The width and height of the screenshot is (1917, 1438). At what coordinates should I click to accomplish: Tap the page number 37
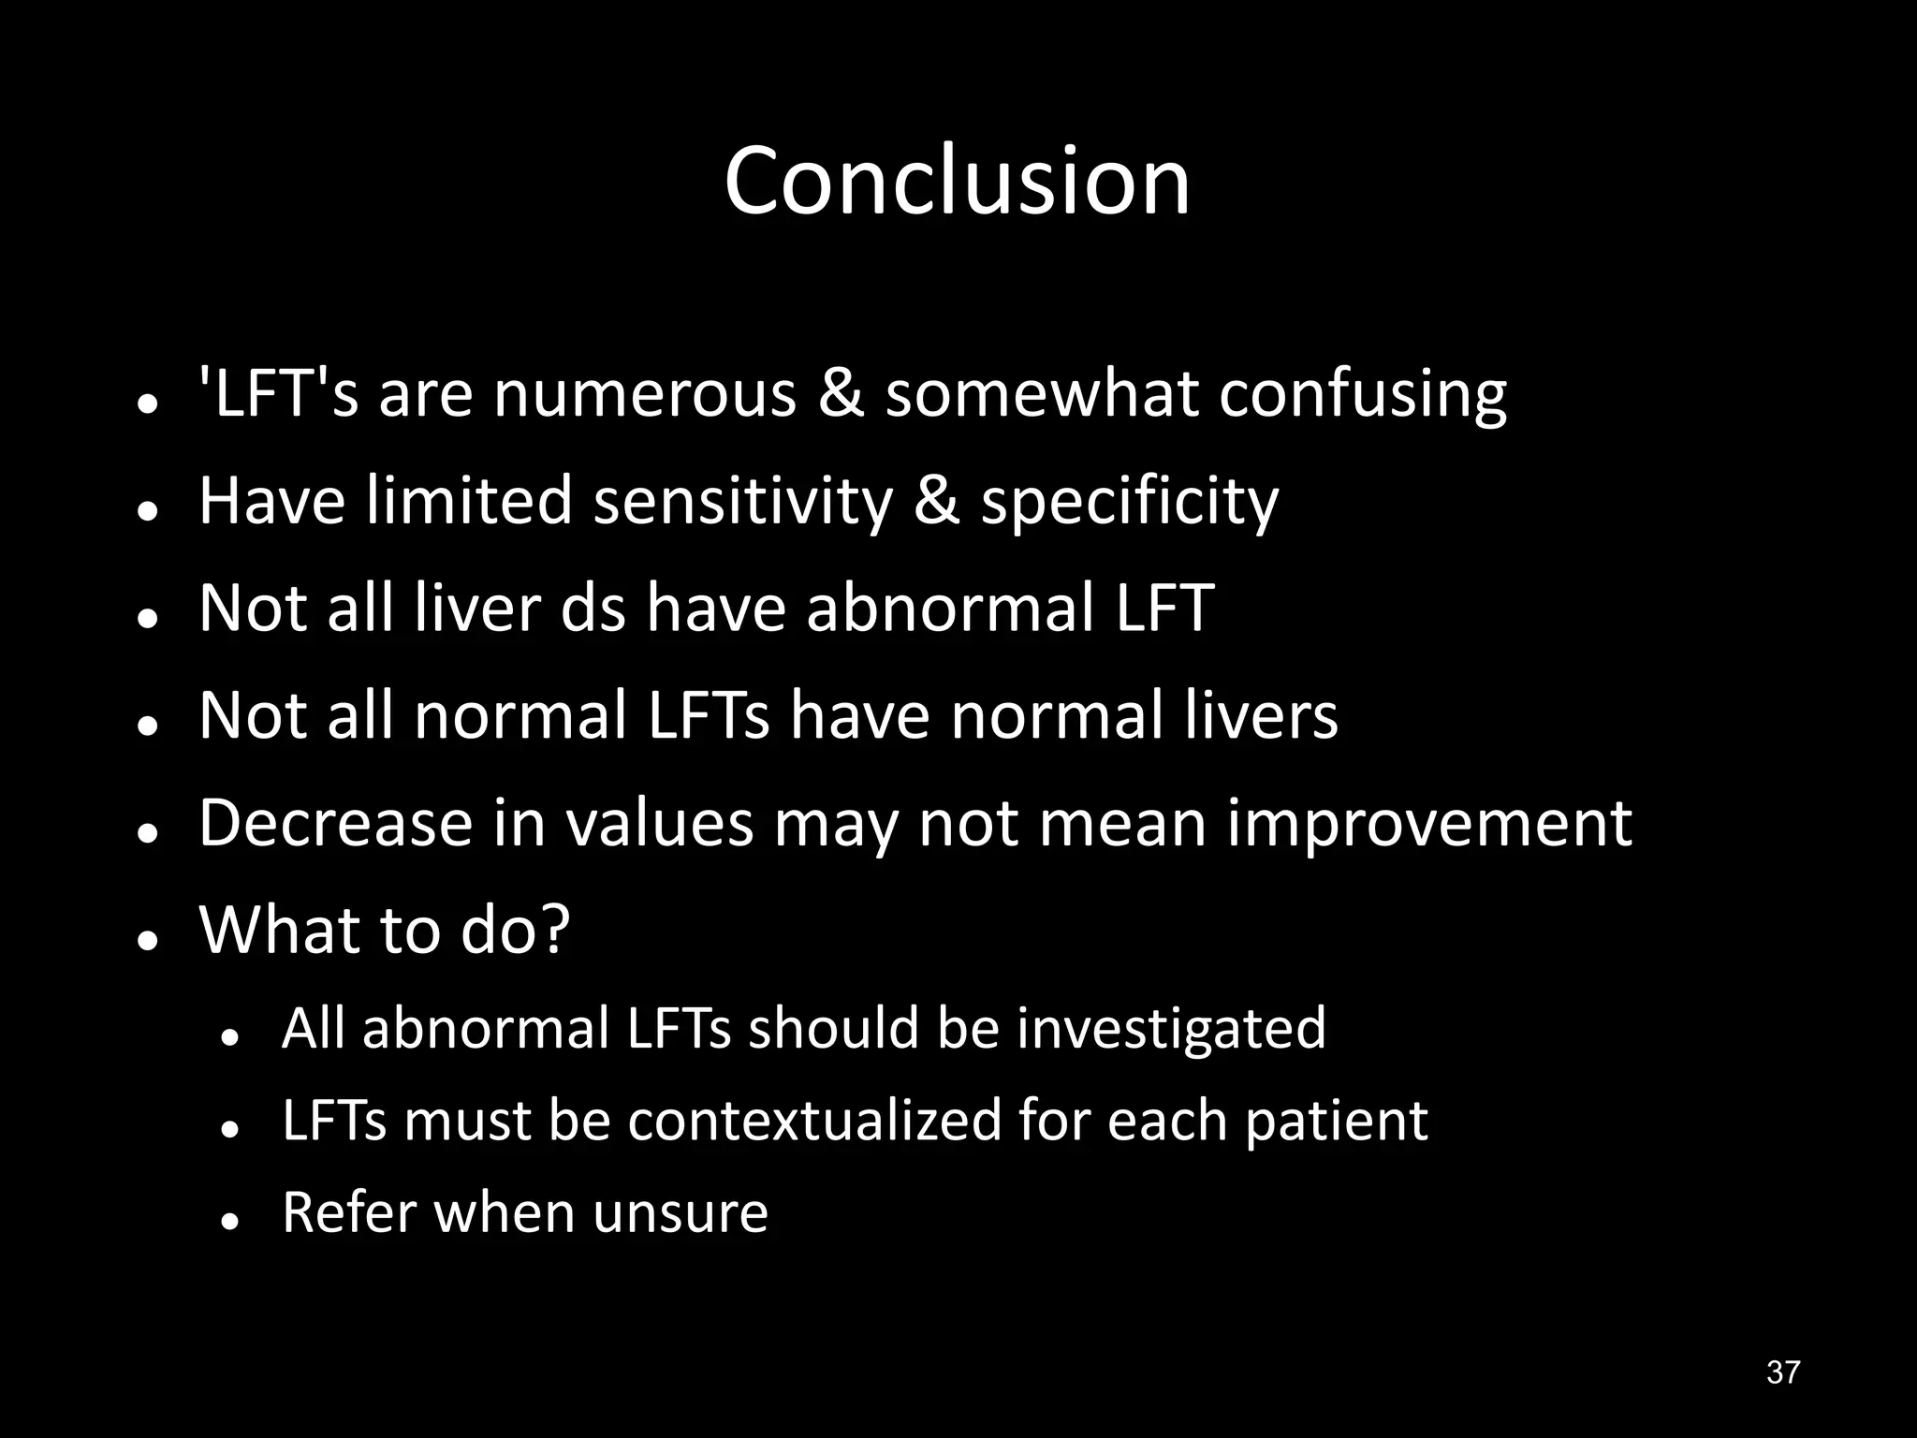pyautogui.click(x=1782, y=1372)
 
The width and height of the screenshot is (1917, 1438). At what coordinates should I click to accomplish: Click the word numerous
pyautogui.click(x=644, y=394)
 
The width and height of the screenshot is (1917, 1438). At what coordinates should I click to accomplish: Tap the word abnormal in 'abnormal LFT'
pyautogui.click(x=947, y=609)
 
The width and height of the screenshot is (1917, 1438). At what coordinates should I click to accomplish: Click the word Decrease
pyautogui.click(x=336, y=824)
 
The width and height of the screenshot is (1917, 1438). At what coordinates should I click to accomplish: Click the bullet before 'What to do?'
pyautogui.click(x=146, y=941)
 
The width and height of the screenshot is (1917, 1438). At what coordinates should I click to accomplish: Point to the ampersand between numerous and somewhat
pyautogui.click(x=841, y=394)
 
